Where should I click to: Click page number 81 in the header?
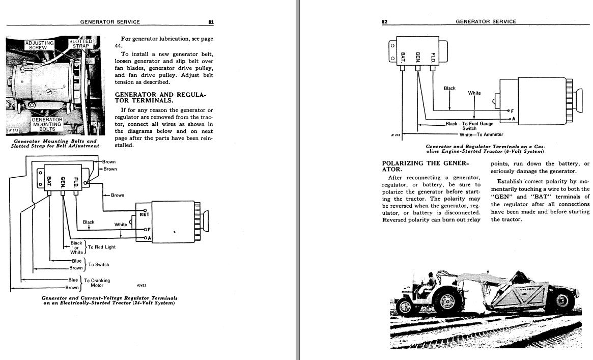211,22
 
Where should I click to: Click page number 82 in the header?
385,22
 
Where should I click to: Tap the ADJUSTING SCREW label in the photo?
39,45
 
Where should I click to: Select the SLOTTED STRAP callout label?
80,44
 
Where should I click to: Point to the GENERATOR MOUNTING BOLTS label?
47,124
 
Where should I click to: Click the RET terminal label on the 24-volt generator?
145,215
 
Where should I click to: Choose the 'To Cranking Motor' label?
97,283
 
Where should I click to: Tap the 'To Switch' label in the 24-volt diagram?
99,265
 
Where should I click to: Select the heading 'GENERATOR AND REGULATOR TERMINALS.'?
160,97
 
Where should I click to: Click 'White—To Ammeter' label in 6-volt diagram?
481,134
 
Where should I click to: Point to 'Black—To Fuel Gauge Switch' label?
469,126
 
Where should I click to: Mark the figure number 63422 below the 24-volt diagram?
143,286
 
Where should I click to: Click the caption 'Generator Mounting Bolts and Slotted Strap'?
55,143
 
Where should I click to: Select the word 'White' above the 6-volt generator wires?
474,93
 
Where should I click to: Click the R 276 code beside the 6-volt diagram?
396,135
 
